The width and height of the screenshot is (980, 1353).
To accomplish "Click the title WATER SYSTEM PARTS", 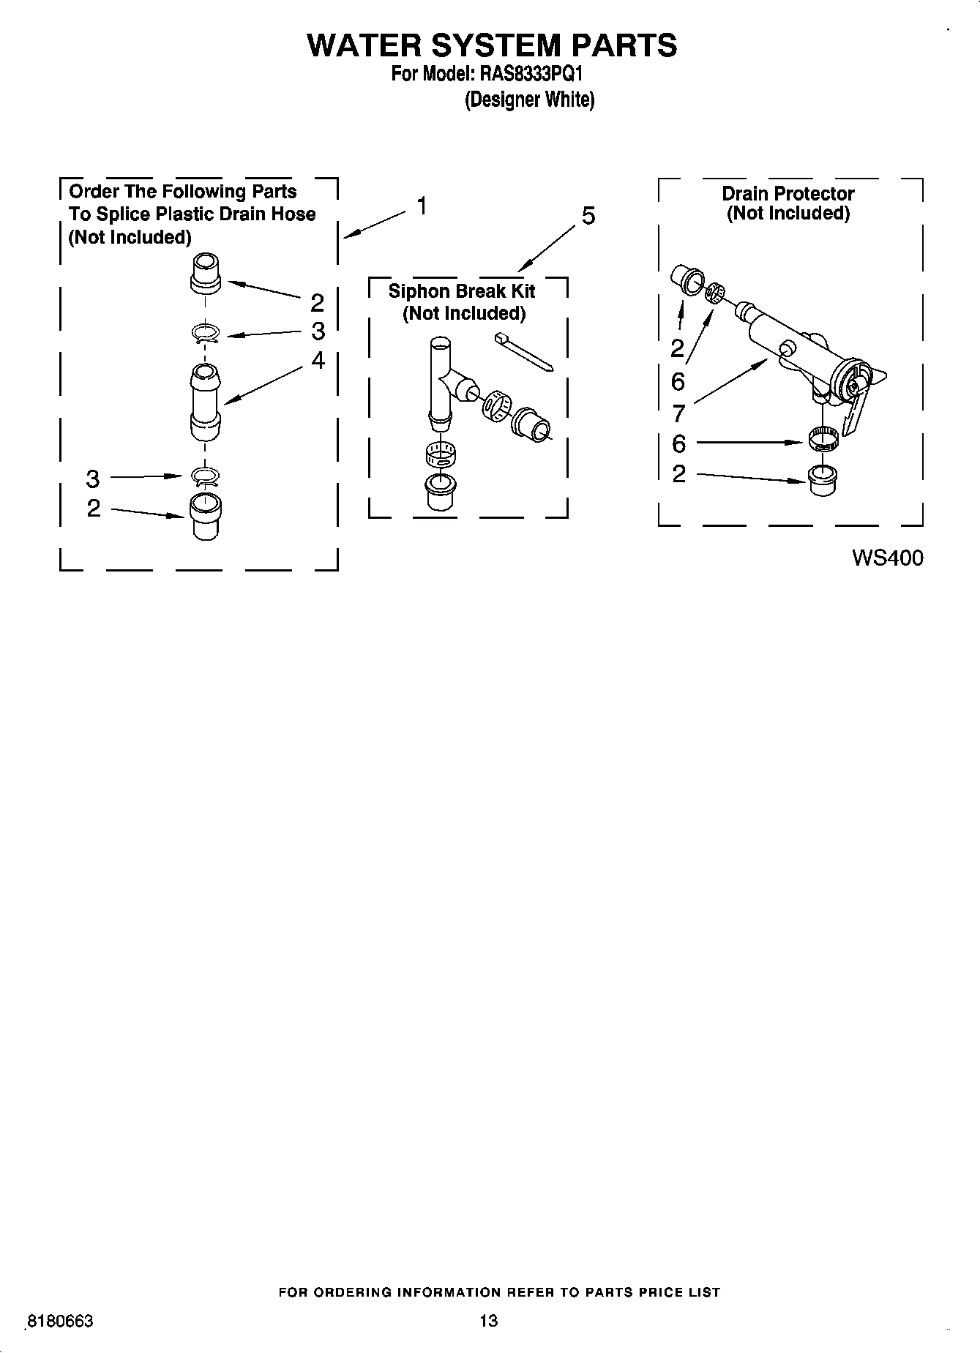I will pos(491,45).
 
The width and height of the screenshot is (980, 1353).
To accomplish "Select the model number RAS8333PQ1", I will pos(531,74).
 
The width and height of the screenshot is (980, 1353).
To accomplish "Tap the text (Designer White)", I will pos(529,100).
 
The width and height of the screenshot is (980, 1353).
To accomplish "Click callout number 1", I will pos(422,206).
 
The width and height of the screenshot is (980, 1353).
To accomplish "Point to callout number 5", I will pos(588,216).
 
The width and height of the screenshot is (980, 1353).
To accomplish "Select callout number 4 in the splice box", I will pos(318,360).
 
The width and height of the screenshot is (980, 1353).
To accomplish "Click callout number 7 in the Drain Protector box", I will pos(678,413).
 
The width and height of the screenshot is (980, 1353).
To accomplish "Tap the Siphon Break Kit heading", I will pos(461,291).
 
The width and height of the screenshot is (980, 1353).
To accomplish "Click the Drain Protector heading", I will pos(788,194).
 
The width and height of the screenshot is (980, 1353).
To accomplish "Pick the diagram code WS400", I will pos(887,558).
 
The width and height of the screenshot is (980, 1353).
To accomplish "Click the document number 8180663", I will pos(59,1322).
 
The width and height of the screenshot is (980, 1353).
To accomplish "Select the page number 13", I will pos(488,1321).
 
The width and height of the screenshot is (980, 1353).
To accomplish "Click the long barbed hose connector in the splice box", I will pos(206,402).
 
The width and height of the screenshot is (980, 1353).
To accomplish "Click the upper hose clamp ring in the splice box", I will pos(205,334).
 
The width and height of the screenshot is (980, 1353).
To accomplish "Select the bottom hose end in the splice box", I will pos(206,516).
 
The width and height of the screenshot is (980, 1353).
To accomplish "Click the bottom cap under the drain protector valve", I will pos(823,479).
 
